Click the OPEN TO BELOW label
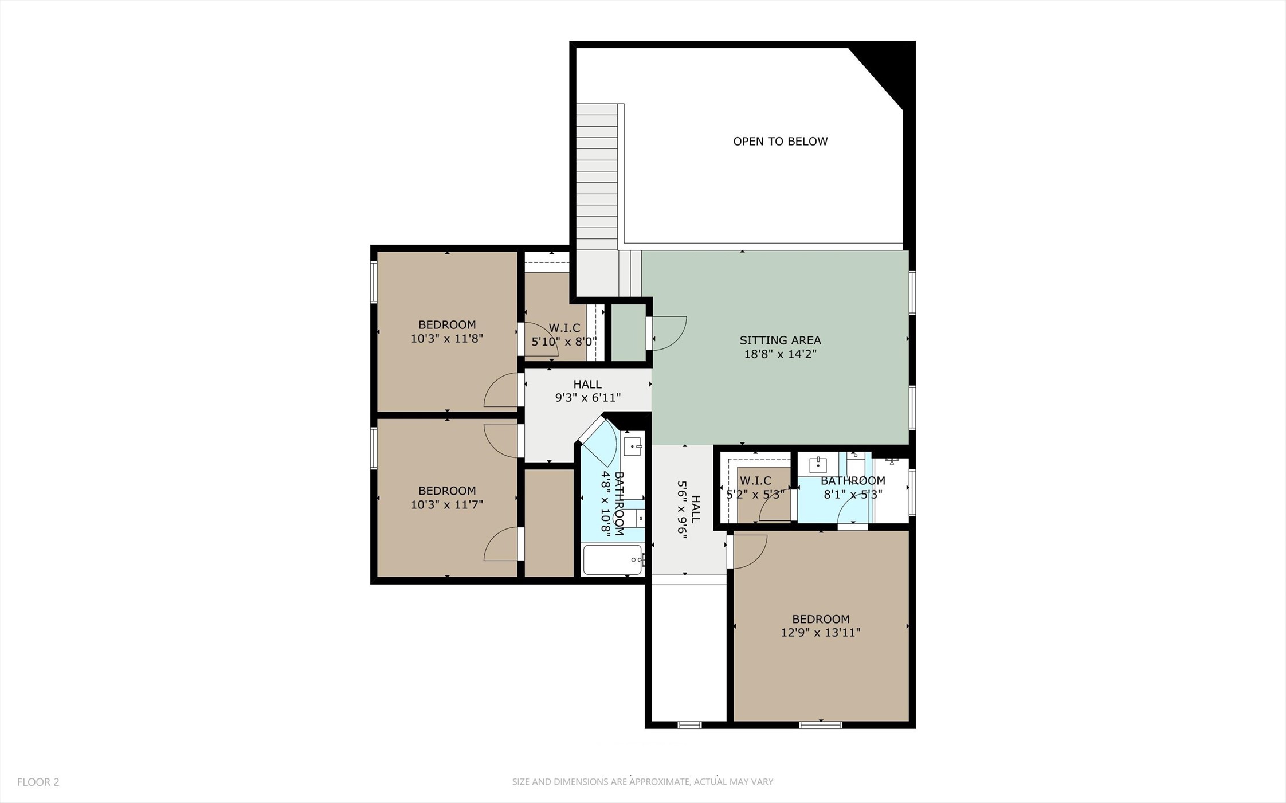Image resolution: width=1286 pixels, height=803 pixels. click(780, 141)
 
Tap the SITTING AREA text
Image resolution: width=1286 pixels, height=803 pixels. click(780, 340)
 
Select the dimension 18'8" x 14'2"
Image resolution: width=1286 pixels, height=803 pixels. click(780, 354)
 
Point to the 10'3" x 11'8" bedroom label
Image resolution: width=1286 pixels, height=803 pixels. click(446, 332)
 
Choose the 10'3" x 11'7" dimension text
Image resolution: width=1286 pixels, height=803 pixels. click(446, 505)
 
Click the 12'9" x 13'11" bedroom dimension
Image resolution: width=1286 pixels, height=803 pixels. click(821, 633)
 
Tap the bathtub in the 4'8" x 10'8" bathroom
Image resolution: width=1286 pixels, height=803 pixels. click(612, 559)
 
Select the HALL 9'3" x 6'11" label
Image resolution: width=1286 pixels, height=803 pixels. click(587, 391)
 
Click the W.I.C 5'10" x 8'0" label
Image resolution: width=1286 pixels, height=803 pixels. click(564, 335)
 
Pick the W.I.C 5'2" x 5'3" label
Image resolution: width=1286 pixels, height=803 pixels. click(755, 487)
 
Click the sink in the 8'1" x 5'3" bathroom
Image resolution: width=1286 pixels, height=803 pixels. click(817, 464)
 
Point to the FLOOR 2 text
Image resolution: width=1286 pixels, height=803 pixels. click(38, 782)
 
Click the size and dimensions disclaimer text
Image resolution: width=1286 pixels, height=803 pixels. click(642, 782)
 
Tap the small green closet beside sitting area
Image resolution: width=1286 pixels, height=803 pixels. click(628, 332)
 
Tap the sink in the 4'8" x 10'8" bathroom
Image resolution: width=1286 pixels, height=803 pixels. click(633, 446)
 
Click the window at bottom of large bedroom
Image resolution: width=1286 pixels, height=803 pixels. click(821, 725)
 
